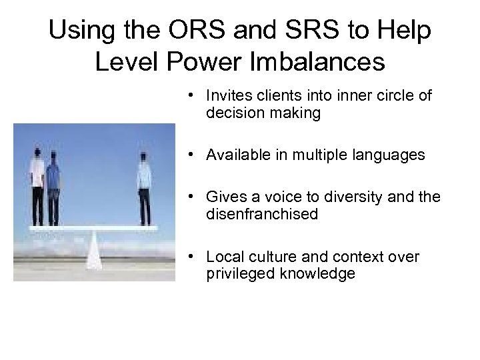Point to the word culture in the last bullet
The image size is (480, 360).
271,257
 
